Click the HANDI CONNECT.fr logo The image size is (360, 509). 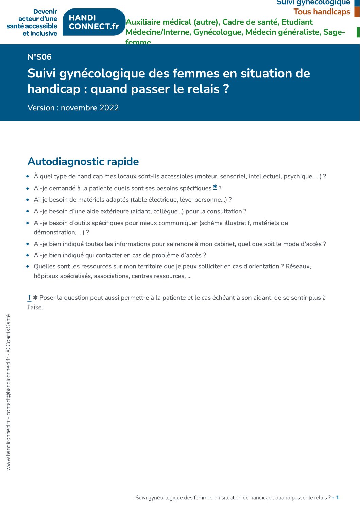click(94, 22)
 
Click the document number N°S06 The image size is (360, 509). click(39, 57)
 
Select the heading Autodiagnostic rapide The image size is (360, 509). click(83, 161)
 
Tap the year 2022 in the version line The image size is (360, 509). click(109, 108)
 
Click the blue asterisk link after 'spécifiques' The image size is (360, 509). click(215, 187)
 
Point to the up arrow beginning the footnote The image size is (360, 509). click(29, 298)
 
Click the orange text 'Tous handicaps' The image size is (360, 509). click(322, 12)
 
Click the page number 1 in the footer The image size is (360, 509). click(338, 498)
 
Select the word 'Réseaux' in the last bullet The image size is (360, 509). click(298, 266)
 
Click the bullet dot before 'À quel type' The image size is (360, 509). click(28, 176)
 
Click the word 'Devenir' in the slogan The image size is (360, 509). click(45, 12)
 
